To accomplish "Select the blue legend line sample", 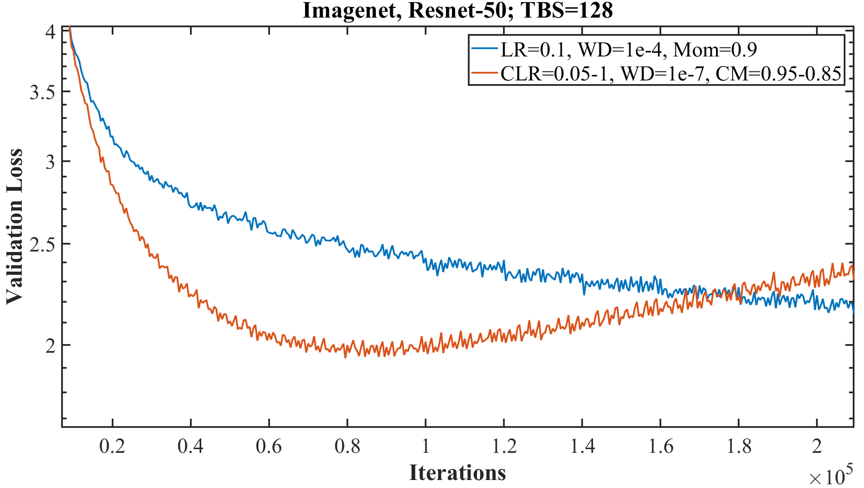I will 484,50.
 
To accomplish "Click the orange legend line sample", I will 484,74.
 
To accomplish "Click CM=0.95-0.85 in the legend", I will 778,74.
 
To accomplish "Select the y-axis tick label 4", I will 50,32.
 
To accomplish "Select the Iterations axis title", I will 457,473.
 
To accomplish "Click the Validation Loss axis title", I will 15,226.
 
